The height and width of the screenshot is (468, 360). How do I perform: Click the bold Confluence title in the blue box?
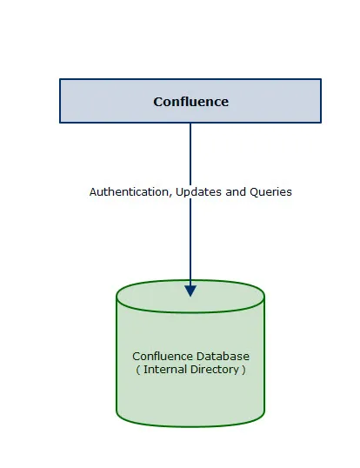[x=191, y=102]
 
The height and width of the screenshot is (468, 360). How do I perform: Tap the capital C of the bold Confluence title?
[x=158, y=102]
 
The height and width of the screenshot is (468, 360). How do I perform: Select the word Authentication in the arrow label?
[x=129, y=191]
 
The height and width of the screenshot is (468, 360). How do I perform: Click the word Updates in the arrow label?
[x=198, y=192]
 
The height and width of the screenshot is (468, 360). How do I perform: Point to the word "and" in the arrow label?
[x=236, y=191]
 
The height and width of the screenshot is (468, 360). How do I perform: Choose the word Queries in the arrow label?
[x=270, y=192]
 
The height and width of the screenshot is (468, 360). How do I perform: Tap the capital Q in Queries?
[x=254, y=192]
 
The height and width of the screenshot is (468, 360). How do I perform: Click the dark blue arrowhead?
[x=190, y=291]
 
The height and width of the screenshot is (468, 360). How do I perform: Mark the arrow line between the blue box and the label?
[x=190, y=154]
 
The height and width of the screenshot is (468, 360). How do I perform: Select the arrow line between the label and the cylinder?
[x=190, y=243]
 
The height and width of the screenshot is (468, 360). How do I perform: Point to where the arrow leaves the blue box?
[x=190, y=123]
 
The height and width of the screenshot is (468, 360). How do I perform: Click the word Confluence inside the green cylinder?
[x=163, y=357]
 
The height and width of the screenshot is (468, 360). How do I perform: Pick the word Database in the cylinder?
[x=223, y=357]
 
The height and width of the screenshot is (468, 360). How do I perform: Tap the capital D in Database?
[x=200, y=357]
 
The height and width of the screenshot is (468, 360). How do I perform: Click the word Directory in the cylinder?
[x=215, y=370]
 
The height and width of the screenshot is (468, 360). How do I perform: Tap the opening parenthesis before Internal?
[x=138, y=370]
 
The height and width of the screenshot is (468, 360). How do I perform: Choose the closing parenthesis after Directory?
[x=243, y=370]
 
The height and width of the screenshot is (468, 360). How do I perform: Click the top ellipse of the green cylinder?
[x=190, y=312]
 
